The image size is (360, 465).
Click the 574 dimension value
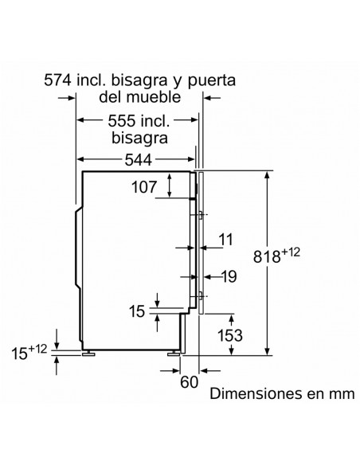57,80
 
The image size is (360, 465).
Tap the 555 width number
122,121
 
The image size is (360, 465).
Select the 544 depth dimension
139,160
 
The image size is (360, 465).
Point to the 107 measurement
144,187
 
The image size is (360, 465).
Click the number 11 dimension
226,240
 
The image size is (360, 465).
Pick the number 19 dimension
229,276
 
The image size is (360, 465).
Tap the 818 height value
267,256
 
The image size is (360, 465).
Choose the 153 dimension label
230,335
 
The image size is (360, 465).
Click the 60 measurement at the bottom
189,382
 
